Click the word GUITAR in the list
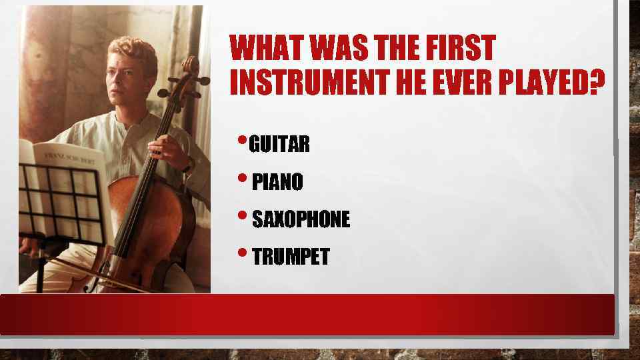pos(279,144)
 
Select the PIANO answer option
pos(277,181)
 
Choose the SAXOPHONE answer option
pos(301,219)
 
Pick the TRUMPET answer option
pos(291,257)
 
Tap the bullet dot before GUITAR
pos(242,140)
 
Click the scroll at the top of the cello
pos(191,65)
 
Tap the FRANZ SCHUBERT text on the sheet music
pos(70,157)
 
